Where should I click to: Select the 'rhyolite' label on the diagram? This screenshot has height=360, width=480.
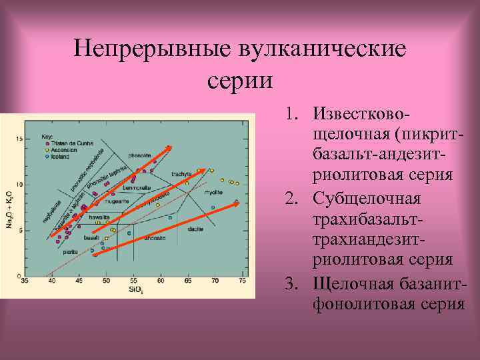(x=214, y=192)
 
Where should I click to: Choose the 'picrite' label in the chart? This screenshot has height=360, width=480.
(x=70, y=252)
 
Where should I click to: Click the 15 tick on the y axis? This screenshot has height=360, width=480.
(x=19, y=139)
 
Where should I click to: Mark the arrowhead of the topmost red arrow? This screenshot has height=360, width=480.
(x=170, y=147)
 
